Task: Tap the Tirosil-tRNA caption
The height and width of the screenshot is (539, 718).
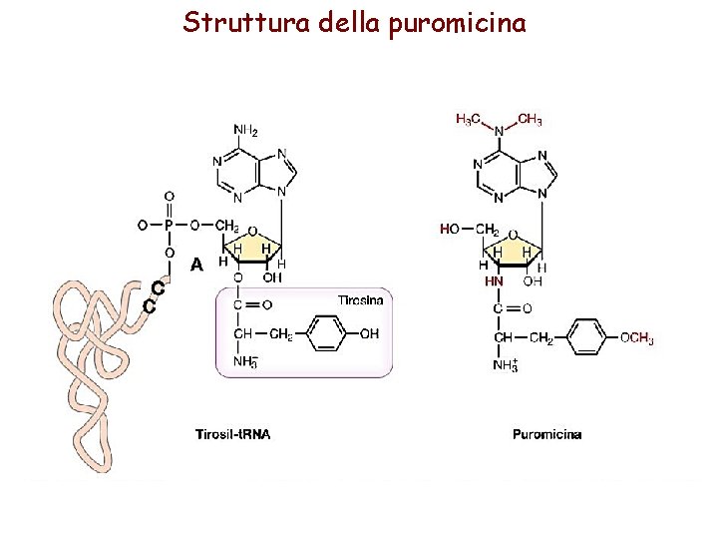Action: click(232, 434)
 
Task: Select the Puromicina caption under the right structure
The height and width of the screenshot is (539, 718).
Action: click(547, 434)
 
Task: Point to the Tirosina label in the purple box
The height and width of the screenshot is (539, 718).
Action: click(359, 299)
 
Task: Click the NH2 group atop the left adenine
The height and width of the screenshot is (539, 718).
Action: click(245, 131)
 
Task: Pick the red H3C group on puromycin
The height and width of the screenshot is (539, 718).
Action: click(468, 120)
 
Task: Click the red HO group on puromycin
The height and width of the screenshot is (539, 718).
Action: click(450, 230)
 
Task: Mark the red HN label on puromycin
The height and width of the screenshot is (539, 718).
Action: click(494, 281)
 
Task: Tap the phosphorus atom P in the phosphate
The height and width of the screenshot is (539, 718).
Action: click(169, 225)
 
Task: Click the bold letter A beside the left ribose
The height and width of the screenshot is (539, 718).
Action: click(196, 265)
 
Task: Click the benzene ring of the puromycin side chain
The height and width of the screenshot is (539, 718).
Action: click(586, 336)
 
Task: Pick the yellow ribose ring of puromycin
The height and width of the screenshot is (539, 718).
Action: click(511, 252)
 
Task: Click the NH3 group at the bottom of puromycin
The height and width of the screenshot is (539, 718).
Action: click(505, 366)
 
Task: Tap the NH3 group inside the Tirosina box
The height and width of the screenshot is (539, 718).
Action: click(245, 361)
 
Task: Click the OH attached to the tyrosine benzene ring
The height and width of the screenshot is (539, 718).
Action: click(368, 333)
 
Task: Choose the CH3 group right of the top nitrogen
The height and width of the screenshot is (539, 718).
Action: click(530, 120)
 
